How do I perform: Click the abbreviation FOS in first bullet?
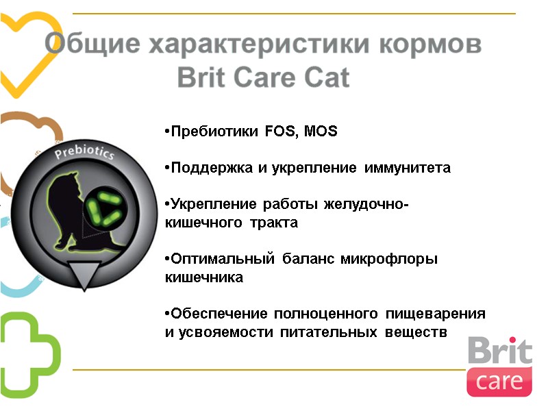point(282,132)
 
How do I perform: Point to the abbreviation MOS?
point(321,132)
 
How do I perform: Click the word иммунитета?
point(407,168)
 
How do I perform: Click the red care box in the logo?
point(499,381)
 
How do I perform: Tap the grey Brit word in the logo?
point(499,351)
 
